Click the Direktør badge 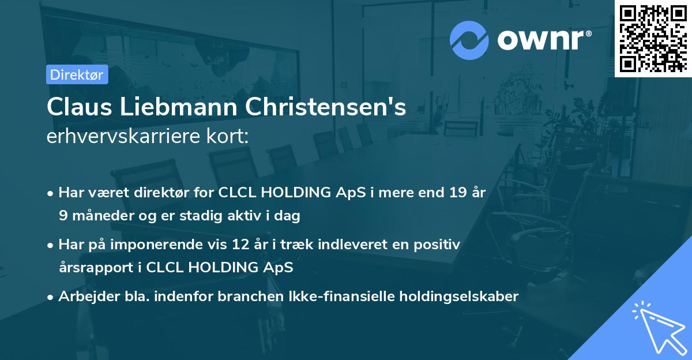click(x=77, y=74)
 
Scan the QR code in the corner click(x=653, y=39)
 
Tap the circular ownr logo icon click(x=469, y=40)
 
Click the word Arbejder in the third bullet click(x=84, y=297)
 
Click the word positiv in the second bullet click(x=438, y=245)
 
